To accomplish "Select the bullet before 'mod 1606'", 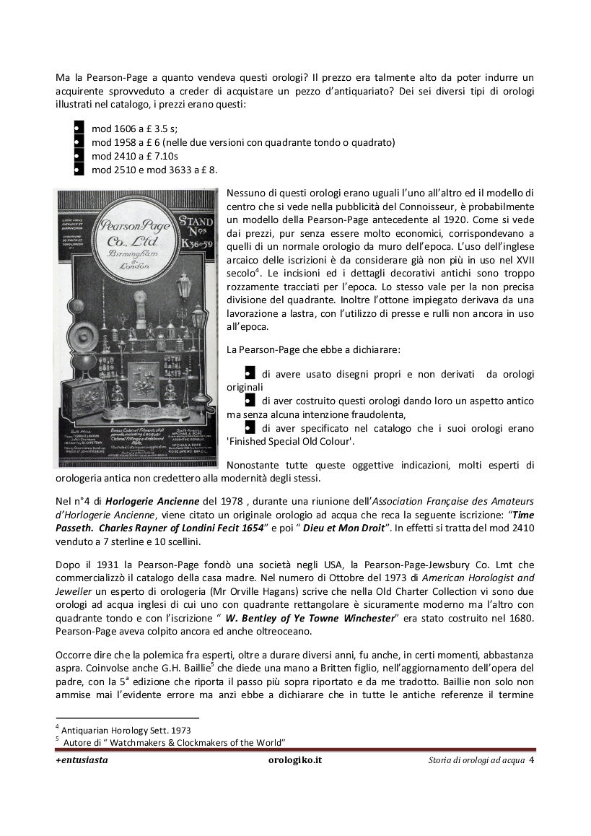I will (77, 129).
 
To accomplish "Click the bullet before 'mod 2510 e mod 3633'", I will (77, 170).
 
